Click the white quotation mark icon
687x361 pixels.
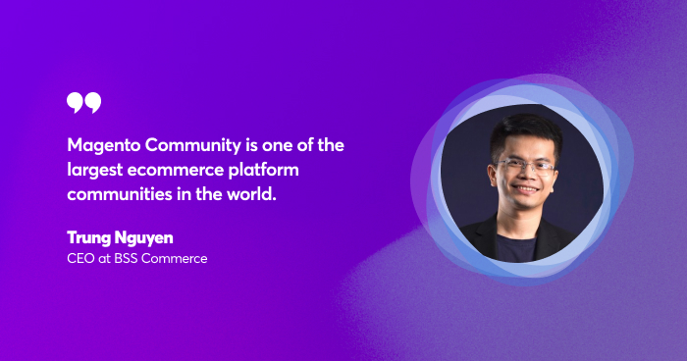coord(83,102)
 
